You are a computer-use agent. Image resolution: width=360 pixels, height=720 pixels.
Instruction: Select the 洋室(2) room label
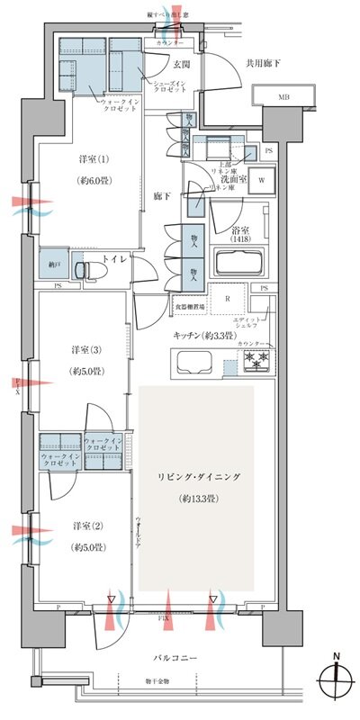pyautogui.click(x=88, y=525)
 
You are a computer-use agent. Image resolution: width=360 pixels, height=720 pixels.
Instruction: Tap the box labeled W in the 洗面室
pyautogui.click(x=261, y=178)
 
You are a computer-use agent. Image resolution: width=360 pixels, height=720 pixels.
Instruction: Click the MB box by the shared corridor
pyautogui.click(x=283, y=95)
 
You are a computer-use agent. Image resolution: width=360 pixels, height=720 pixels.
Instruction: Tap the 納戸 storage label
pyautogui.click(x=54, y=265)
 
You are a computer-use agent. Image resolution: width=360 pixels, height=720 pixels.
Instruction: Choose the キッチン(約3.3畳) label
pyautogui.click(x=206, y=335)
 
